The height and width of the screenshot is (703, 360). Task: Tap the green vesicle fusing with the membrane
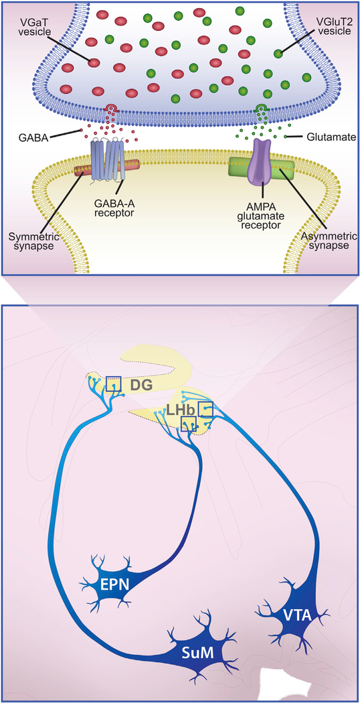(262, 108)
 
